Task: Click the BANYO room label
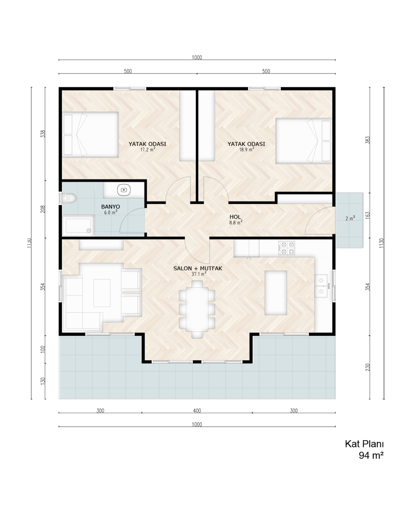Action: pyautogui.click(x=110, y=207)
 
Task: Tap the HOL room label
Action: pyautogui.click(x=235, y=217)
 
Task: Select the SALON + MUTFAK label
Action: pyautogui.click(x=198, y=268)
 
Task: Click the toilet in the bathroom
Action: pyautogui.click(x=68, y=198)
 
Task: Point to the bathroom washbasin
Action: pyautogui.click(x=124, y=190)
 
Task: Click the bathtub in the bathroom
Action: pyautogui.click(x=78, y=225)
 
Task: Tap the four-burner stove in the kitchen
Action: pyautogui.click(x=286, y=248)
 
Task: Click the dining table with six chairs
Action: pyautogui.click(x=197, y=309)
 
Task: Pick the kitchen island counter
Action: pyautogui.click(x=276, y=293)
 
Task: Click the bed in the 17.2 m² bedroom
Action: pyautogui.click(x=90, y=134)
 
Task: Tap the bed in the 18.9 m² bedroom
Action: pyautogui.click(x=304, y=141)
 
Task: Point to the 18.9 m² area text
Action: pyautogui.click(x=246, y=150)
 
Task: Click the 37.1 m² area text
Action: pyautogui.click(x=199, y=274)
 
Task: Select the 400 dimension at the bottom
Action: pyautogui.click(x=197, y=410)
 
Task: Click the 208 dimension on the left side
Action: pyautogui.click(x=43, y=209)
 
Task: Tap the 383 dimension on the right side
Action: pyautogui.click(x=368, y=140)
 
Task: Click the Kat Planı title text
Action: pyautogui.click(x=364, y=444)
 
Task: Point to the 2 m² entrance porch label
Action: pyautogui.click(x=350, y=218)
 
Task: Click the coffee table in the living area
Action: pyautogui.click(x=102, y=293)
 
